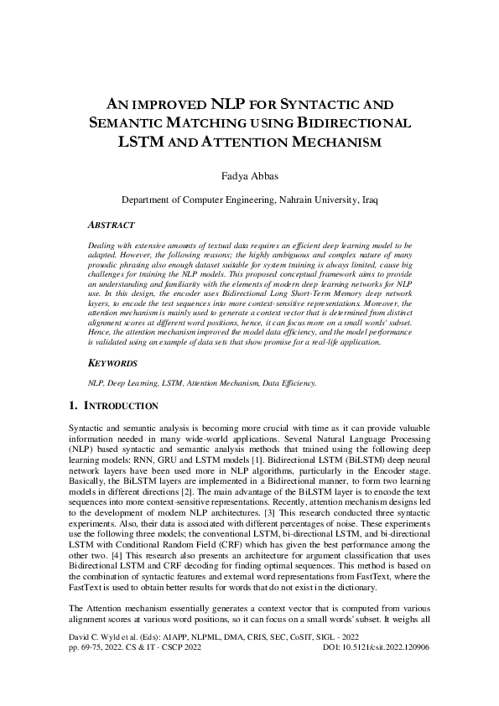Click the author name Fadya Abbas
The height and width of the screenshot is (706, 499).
[x=249, y=175]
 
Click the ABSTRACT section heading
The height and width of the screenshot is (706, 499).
[x=115, y=226]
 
